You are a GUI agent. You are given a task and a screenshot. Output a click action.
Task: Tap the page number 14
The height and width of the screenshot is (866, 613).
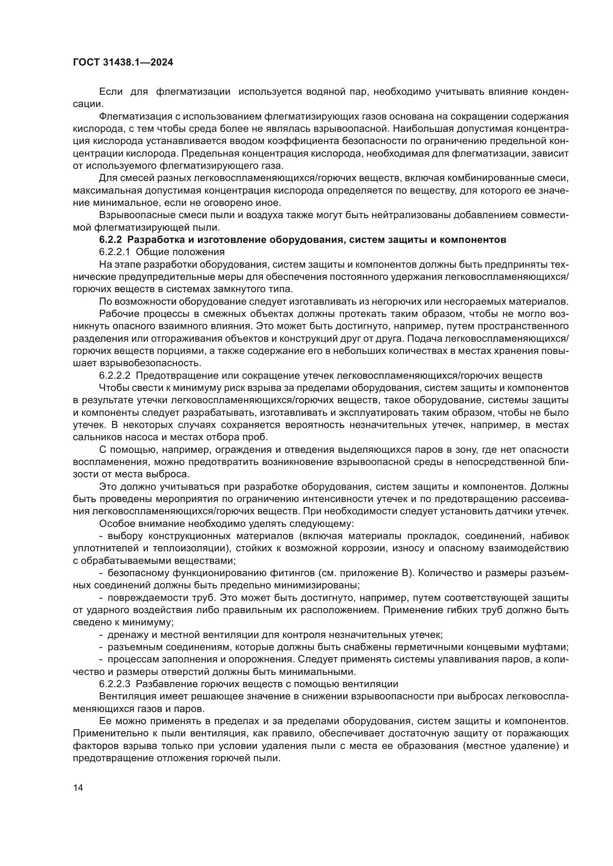(x=78, y=788)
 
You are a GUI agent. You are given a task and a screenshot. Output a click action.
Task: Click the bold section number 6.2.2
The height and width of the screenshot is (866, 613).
(x=110, y=240)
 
